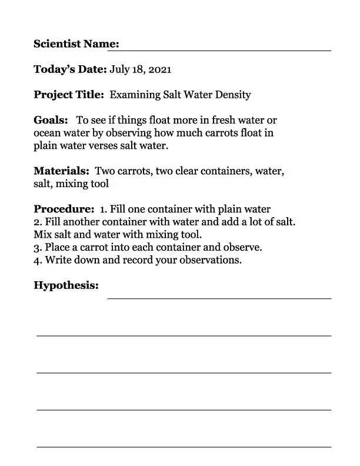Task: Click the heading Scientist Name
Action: [76, 44]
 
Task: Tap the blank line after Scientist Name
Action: [226, 49]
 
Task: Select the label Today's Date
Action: [70, 69]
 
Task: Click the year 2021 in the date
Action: [159, 69]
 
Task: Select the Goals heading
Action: [51, 120]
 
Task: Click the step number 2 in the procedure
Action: [37, 222]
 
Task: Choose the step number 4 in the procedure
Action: [37, 259]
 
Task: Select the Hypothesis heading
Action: [66, 285]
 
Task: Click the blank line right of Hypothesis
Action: [219, 298]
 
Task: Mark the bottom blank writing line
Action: [184, 447]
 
